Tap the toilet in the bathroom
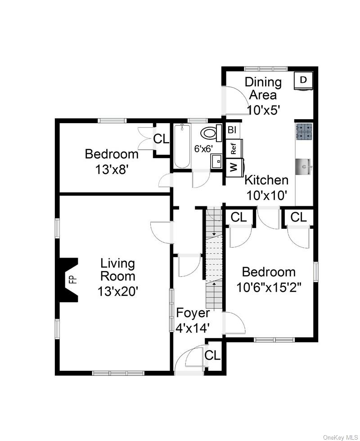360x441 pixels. pyautogui.click(x=211, y=133)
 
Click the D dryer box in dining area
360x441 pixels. pyautogui.click(x=303, y=80)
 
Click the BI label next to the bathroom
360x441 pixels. pyautogui.click(x=232, y=130)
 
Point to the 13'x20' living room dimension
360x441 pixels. pyautogui.click(x=117, y=291)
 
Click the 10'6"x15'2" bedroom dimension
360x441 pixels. pyautogui.click(x=269, y=287)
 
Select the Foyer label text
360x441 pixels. pyautogui.click(x=193, y=313)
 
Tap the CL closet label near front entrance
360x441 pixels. pyautogui.click(x=212, y=355)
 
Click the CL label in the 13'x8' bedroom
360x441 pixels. pyautogui.click(x=161, y=139)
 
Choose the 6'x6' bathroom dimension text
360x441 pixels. pyautogui.click(x=202, y=148)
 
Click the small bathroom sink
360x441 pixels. pyautogui.click(x=216, y=160)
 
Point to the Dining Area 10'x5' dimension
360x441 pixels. pyautogui.click(x=263, y=108)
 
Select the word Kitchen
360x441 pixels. pyautogui.click(x=266, y=180)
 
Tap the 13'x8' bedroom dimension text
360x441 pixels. pyautogui.click(x=112, y=170)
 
